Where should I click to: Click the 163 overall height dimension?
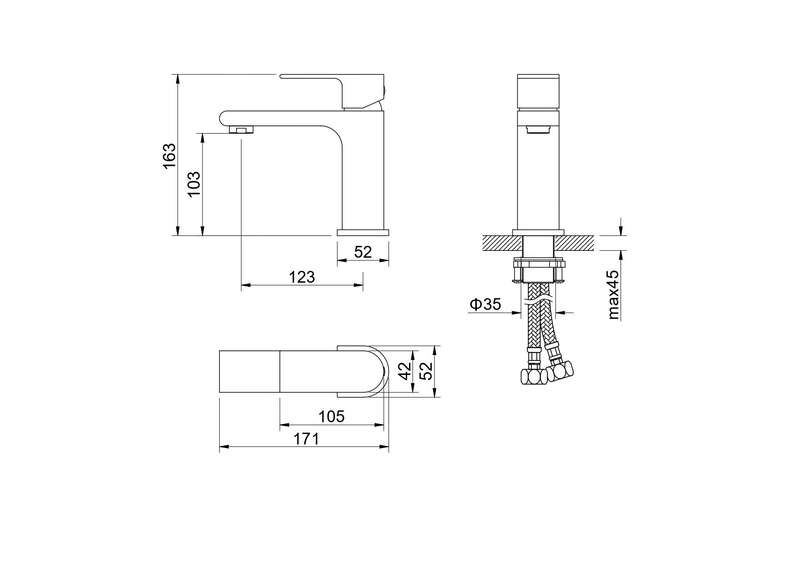(x=169, y=156)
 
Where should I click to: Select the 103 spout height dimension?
(x=194, y=184)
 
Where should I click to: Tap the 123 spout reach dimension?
(x=302, y=277)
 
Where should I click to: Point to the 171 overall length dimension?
(x=306, y=439)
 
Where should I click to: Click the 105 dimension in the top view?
(x=331, y=416)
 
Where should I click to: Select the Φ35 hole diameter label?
(x=485, y=304)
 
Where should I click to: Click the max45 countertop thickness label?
(x=614, y=294)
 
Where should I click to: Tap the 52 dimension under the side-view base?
(x=363, y=252)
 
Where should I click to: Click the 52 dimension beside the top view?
(x=426, y=371)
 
